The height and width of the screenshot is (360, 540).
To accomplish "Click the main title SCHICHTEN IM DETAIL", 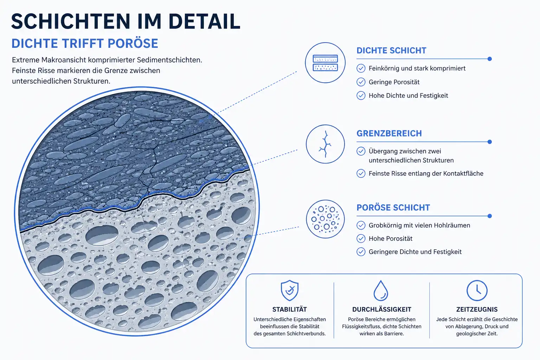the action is [x=126, y=21].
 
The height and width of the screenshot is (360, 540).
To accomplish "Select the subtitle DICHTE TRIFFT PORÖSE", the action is [x=85, y=43].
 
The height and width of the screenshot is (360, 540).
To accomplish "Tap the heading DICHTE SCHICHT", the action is [x=391, y=50].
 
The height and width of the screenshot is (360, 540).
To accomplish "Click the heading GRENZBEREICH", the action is [x=389, y=133].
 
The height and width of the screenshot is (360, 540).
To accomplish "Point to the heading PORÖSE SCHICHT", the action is [x=393, y=207].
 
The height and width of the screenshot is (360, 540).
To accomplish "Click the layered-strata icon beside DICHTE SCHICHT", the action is [x=325, y=63].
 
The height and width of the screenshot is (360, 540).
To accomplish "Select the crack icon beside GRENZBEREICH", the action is [x=325, y=144].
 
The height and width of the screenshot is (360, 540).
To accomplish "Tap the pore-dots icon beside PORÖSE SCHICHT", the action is [x=325, y=219].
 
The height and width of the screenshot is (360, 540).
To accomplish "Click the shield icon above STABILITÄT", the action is [x=290, y=290].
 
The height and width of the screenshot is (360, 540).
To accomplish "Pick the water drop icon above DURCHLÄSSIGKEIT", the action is [x=381, y=290].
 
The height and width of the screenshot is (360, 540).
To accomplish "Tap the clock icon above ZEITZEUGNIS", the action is [x=477, y=290].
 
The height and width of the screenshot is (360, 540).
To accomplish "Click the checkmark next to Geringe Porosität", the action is [x=361, y=82].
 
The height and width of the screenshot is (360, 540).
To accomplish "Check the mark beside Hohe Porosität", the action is [x=361, y=238].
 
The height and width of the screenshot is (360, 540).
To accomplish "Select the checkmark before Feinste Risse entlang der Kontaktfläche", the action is [x=361, y=173].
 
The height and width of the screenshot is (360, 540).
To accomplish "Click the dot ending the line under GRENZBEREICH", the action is [x=490, y=142].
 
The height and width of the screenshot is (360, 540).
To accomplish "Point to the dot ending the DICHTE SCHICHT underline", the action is [x=490, y=59].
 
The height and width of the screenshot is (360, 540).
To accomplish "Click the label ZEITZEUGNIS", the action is [x=477, y=309].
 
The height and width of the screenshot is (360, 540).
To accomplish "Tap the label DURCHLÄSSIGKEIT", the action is [x=381, y=309].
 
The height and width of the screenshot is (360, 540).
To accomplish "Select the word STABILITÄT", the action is [x=290, y=309].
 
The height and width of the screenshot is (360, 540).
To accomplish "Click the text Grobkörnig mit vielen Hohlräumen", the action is [x=419, y=225].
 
